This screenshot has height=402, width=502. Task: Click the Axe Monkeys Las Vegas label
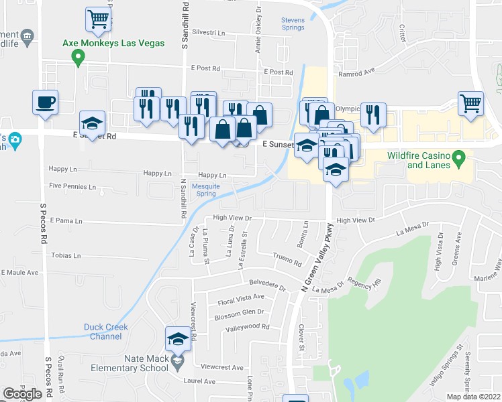[113, 43]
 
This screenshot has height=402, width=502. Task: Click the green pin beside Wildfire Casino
[460, 159]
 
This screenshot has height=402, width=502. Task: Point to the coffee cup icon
[46, 103]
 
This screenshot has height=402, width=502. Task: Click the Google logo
[22, 394]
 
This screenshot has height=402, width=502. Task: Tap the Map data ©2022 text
[472, 397]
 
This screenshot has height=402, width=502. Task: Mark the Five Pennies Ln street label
[72, 186]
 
